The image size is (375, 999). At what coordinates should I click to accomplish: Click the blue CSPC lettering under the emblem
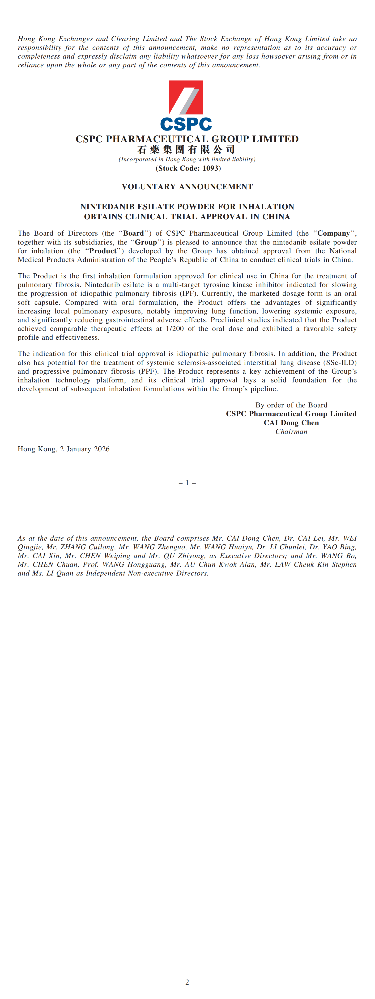click(186, 124)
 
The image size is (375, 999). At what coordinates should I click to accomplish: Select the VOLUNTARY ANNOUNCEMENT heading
click(187, 186)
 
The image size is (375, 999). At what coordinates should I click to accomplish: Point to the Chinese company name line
click(186, 149)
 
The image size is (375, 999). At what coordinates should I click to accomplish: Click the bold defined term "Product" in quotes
click(103, 251)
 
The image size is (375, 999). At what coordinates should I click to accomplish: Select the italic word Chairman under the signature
click(291, 432)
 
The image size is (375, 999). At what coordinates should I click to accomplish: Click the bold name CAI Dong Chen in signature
click(291, 423)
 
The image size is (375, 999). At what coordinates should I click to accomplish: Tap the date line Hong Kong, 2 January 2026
click(64, 449)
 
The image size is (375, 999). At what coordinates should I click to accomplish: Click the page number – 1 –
click(187, 483)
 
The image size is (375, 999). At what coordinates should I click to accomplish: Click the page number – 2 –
click(187, 982)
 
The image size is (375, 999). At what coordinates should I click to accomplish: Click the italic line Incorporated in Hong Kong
click(187, 159)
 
